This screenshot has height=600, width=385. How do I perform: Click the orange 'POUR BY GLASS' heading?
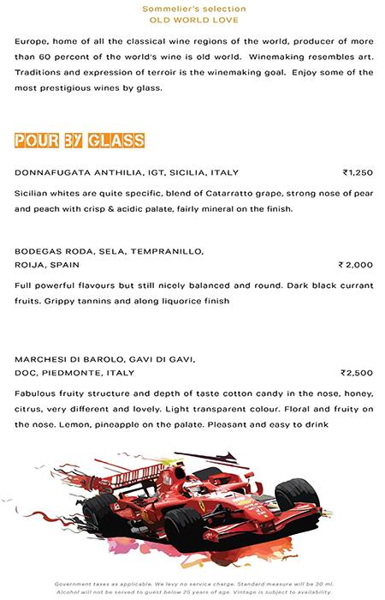pyautogui.click(x=79, y=141)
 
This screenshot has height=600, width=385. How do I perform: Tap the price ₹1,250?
pyautogui.click(x=358, y=172)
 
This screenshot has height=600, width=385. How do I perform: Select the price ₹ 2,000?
pyautogui.click(x=356, y=265)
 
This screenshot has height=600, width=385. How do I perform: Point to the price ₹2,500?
pyautogui.click(x=357, y=373)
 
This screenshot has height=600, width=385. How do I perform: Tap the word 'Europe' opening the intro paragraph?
pyautogui.click(x=33, y=42)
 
